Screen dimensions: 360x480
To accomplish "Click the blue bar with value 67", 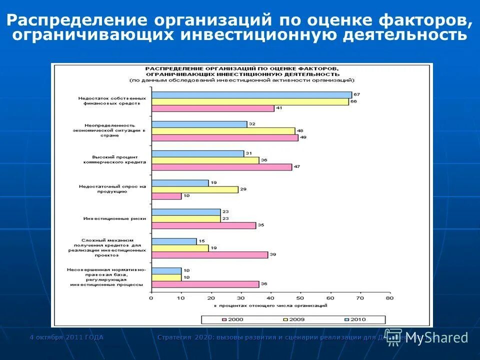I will (x=251, y=94).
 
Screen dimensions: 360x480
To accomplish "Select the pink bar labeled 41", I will (x=212, y=108).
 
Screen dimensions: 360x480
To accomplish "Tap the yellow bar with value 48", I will (x=223, y=131).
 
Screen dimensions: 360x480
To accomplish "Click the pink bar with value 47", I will (x=221, y=167).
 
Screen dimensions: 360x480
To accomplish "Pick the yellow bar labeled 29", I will (x=194, y=189).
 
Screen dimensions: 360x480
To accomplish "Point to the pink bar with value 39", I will (x=209, y=254).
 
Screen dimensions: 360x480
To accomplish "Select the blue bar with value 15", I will (x=174, y=241).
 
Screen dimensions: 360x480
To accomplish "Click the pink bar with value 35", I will (x=203, y=225).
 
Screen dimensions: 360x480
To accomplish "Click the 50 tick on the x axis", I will (x=300, y=298).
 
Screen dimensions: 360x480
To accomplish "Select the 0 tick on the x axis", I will (x=151, y=298).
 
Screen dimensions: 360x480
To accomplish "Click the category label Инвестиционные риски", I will (x=114, y=218).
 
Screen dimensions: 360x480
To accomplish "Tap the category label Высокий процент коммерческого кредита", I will (x=115, y=159).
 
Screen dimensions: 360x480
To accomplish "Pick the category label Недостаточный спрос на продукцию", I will (x=112, y=188).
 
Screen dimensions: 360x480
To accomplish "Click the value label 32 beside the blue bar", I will (x=252, y=123).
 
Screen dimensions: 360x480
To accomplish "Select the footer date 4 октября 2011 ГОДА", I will (x=66, y=337).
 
